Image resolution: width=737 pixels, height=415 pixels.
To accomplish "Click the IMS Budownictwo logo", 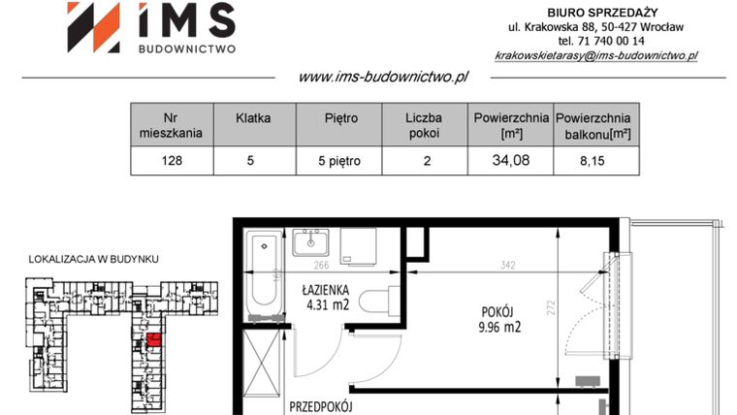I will (x=150, y=28).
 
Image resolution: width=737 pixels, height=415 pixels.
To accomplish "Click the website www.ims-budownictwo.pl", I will (x=383, y=77).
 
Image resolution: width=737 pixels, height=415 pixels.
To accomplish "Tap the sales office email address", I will (x=595, y=56).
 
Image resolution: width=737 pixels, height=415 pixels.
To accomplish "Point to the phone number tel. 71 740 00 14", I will (x=595, y=42).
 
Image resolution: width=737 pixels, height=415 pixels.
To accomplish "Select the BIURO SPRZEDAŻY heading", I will (x=595, y=11).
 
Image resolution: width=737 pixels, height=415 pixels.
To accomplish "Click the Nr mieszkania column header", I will (x=172, y=125).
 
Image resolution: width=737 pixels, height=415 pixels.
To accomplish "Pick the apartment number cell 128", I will (x=172, y=161).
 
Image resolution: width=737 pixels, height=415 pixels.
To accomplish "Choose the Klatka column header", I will (x=252, y=118).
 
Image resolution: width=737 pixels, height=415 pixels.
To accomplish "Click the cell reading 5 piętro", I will (x=340, y=161).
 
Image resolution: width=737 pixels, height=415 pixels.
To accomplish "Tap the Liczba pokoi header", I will (x=426, y=125).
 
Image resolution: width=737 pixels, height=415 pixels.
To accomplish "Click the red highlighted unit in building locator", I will (x=154, y=338).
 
